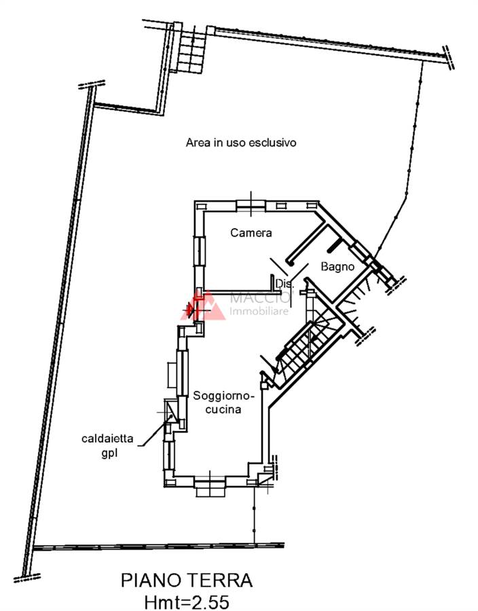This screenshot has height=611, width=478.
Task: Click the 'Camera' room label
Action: pyautogui.click(x=251, y=233)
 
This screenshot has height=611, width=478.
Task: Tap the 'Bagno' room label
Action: pyautogui.click(x=338, y=267)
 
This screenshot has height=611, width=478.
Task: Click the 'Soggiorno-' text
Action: pyautogui.click(x=223, y=396)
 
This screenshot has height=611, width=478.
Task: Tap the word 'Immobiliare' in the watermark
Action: pyautogui.click(x=260, y=312)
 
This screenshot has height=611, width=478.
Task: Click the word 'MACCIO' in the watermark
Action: pyautogui.click(x=260, y=297)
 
